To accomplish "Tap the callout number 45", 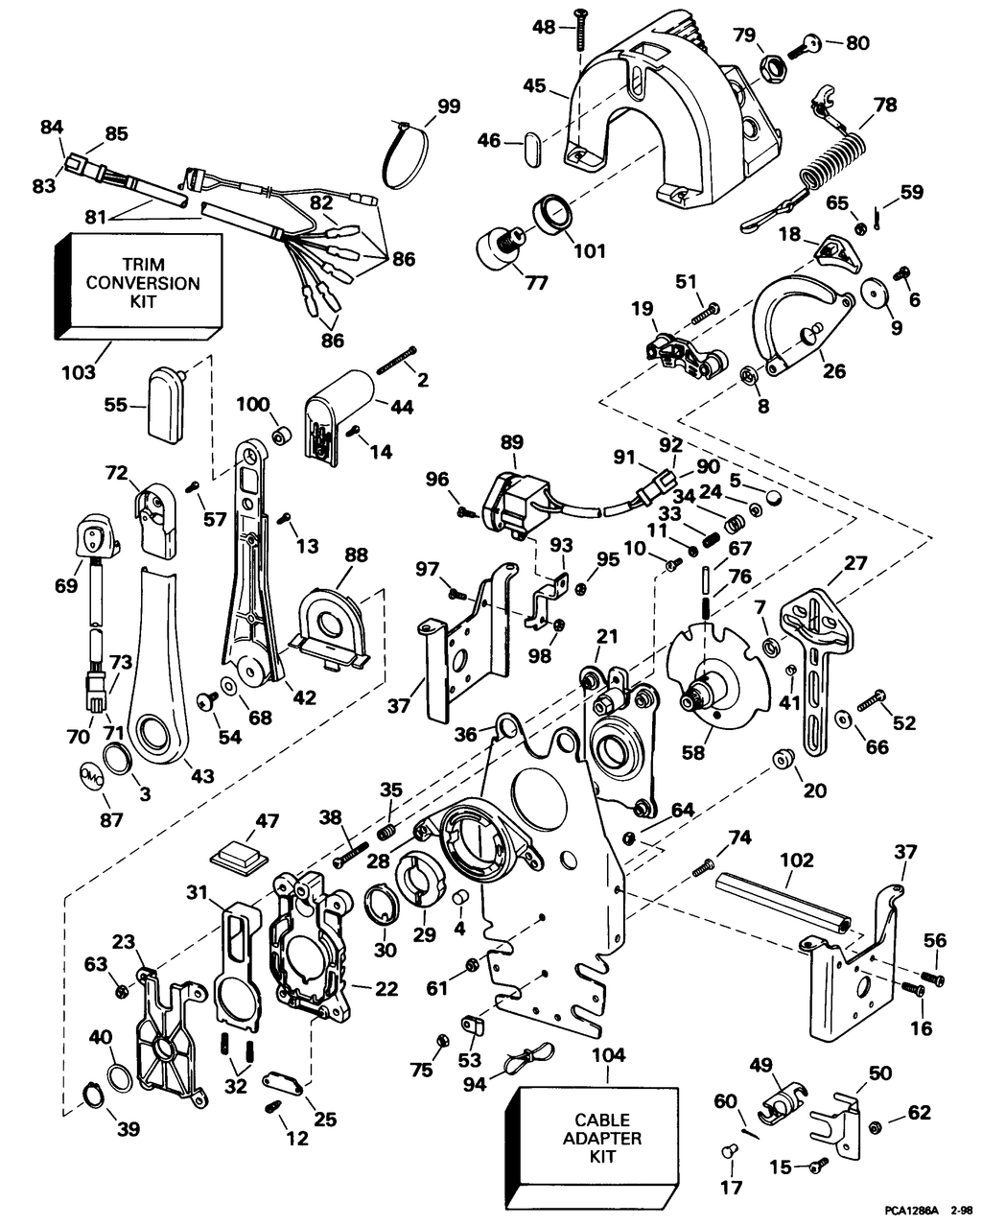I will (535, 86).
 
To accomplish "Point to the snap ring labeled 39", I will (91, 1093).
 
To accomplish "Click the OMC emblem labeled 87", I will (91, 773).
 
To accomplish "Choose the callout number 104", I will (608, 1055).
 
